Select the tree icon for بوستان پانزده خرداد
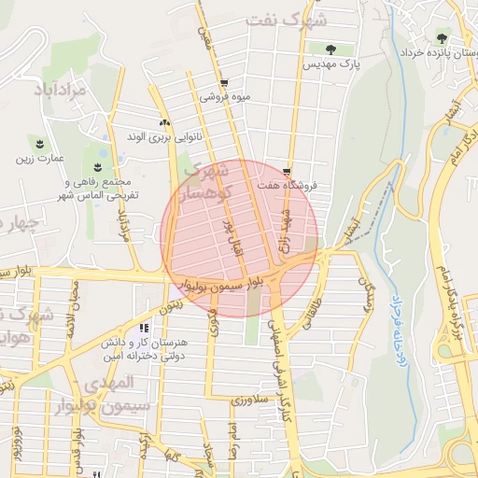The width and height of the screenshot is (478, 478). coord(442,38)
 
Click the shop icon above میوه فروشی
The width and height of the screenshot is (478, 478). coord(224,82)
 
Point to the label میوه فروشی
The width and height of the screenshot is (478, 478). coord(225,96)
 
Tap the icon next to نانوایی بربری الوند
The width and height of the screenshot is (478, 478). coord(165,122)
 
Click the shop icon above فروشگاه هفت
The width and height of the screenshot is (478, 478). coord(287,172)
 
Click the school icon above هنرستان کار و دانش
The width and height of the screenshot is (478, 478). coord(144,328)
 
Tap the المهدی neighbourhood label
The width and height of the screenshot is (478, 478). coord(108,383)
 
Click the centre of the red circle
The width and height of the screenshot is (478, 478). coord(240,238)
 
